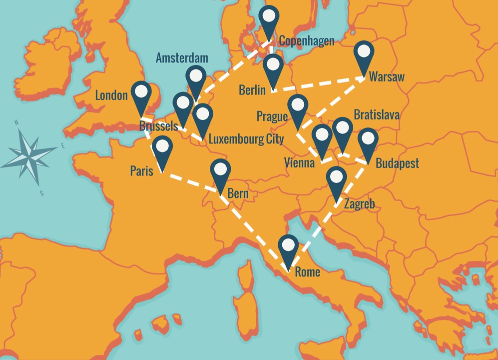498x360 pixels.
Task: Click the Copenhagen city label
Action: tap(306, 41)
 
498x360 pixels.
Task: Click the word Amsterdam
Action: tap(182, 58)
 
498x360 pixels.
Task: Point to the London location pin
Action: tap(142, 94)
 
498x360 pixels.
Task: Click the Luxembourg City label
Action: tap(246, 138)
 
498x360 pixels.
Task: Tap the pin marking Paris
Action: tap(162, 149)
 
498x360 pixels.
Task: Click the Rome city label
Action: tap(307, 272)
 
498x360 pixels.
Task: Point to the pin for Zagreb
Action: tap(337, 179)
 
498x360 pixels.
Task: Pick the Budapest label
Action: tap(397, 163)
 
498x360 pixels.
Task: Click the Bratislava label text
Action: tap(377, 115)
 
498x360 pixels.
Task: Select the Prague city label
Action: tap(272, 116)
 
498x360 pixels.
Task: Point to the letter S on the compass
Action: tap(42, 193)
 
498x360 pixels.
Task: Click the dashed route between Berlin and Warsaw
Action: tap(318, 84)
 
